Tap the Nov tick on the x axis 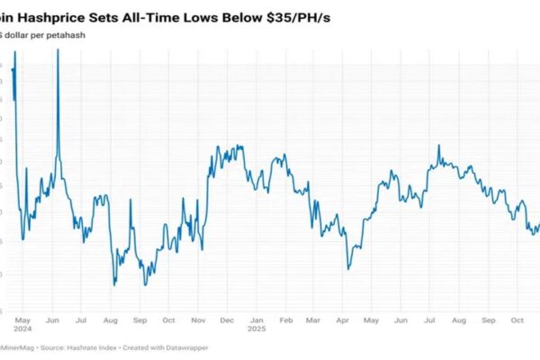click(198, 320)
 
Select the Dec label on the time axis click(227, 320)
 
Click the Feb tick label click(285, 320)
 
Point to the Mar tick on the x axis click(312, 320)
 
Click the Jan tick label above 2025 click(256, 320)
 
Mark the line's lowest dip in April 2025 click(347, 268)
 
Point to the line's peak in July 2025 click(438, 145)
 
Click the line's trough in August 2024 click(114, 284)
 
